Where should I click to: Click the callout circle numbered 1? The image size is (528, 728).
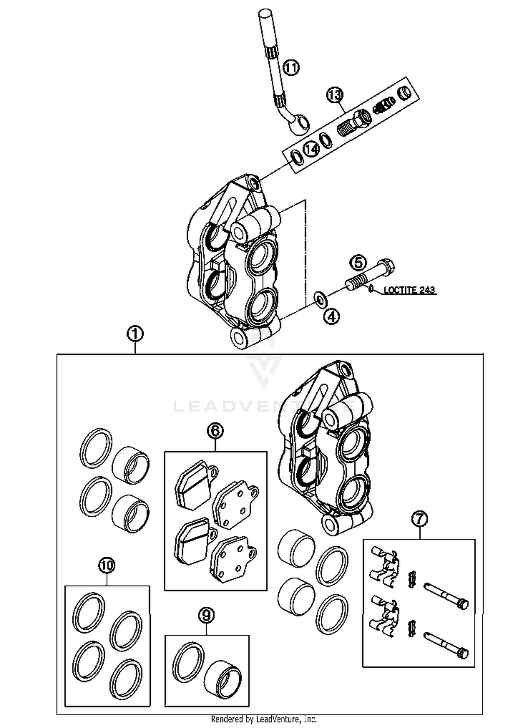pyautogui.click(x=136, y=334)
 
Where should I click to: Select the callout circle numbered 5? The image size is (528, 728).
pyautogui.click(x=358, y=263)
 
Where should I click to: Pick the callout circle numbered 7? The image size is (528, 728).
pyautogui.click(x=419, y=519)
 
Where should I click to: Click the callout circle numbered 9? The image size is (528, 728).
pyautogui.click(x=206, y=615)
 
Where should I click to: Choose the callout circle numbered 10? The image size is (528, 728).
pyautogui.click(x=107, y=566)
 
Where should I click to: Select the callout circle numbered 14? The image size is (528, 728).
pyautogui.click(x=312, y=149)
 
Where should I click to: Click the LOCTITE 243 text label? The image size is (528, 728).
pyautogui.click(x=409, y=290)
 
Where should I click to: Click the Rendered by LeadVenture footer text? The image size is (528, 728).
pyautogui.click(x=264, y=719)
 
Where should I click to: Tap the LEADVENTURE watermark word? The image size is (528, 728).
pyautogui.click(x=264, y=407)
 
